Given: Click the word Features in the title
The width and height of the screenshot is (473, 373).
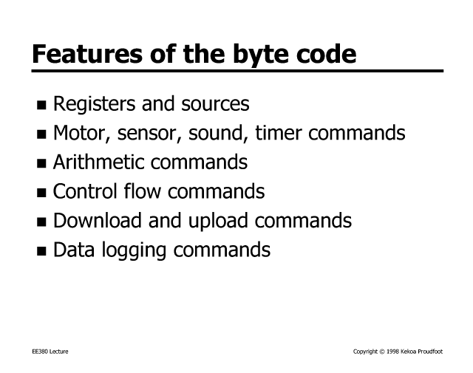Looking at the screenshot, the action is [87, 54].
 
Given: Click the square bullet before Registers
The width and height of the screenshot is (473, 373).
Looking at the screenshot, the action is [41, 105].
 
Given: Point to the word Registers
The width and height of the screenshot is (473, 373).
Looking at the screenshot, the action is [94, 104].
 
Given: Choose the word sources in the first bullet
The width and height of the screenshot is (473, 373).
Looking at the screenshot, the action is [215, 104].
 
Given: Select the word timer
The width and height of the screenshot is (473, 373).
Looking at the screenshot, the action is [279, 133].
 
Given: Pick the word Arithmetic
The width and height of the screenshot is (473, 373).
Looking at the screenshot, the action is [98, 162].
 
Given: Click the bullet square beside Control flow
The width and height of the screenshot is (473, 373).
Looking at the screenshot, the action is [41, 193].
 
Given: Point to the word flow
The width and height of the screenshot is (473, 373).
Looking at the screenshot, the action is [142, 191].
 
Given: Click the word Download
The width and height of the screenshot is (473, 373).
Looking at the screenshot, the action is [98, 220].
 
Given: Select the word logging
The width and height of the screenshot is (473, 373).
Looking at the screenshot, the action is [134, 251].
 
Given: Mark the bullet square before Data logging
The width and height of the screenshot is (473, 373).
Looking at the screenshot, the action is [41, 251].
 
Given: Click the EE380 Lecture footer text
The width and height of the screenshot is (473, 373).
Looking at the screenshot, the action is [50, 352].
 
